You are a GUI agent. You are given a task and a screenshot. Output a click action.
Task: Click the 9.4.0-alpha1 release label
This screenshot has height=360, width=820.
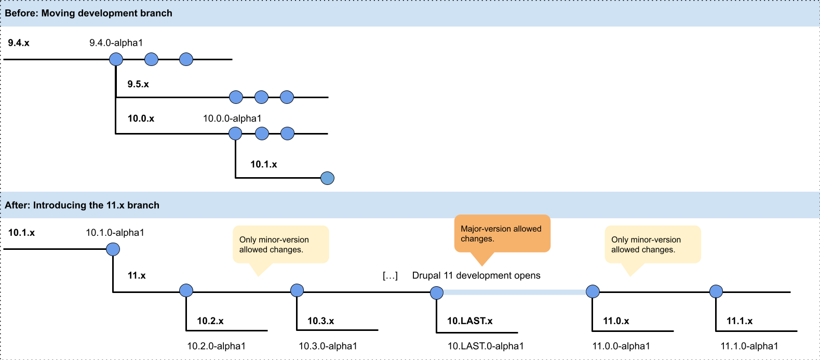point(116,43)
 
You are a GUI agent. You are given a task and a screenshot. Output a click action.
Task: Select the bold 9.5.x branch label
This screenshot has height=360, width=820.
point(138,84)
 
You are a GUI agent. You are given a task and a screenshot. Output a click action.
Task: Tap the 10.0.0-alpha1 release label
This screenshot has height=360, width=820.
point(232,118)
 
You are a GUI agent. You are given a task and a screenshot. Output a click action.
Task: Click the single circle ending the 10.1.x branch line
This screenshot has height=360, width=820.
point(327,178)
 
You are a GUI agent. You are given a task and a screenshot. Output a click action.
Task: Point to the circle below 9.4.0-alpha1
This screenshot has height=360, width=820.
point(116,59)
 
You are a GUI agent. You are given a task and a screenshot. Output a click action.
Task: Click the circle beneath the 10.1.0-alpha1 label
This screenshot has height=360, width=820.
point(113,249)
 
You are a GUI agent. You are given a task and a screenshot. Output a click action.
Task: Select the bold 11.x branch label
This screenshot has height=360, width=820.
point(137,275)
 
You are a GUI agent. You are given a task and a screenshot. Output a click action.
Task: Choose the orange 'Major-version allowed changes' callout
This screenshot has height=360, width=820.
point(502,234)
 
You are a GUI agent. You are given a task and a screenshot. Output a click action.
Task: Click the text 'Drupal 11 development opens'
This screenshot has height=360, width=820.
point(476,275)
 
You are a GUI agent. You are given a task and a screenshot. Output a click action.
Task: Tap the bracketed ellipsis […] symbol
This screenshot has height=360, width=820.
point(390,275)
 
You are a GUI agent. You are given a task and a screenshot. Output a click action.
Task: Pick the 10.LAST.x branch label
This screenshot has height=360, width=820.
point(469,321)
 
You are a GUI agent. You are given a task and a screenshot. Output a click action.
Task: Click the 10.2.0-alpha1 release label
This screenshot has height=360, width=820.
point(217,346)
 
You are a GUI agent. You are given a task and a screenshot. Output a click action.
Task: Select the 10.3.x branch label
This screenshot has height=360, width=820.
point(321,321)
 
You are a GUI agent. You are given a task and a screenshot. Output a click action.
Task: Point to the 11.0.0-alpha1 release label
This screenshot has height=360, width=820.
point(621,346)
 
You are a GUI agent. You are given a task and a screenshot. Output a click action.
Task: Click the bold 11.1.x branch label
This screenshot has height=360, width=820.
point(740,321)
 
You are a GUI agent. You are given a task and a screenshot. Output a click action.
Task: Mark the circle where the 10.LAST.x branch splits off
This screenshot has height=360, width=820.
point(436,292)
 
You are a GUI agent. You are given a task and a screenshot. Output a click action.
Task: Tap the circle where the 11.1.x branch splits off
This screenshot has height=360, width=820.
point(716,291)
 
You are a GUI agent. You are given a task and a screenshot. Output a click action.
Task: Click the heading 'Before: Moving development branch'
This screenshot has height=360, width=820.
point(88,13)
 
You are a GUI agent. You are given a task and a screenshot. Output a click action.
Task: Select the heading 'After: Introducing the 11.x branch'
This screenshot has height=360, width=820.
point(82,205)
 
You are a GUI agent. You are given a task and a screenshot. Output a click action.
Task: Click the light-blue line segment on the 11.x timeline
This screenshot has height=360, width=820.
point(515,292)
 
